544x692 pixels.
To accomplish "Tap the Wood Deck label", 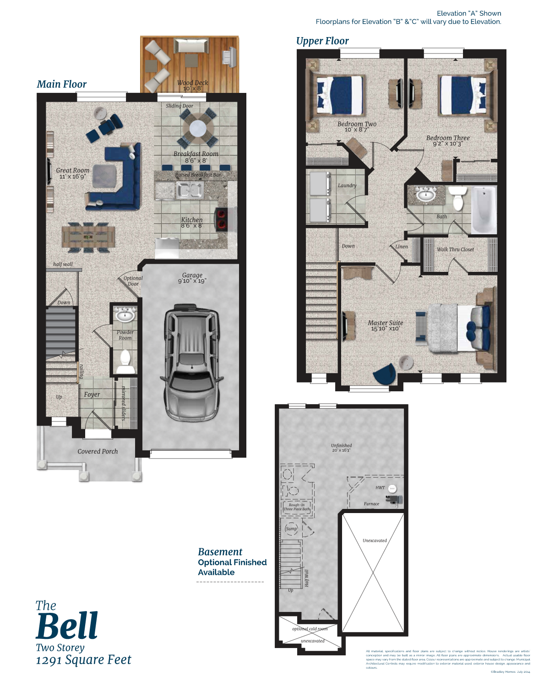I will (x=192, y=85).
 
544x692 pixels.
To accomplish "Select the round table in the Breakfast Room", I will (x=198, y=128).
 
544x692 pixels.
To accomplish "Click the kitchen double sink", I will (x=190, y=190).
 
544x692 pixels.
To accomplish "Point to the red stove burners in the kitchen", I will (x=222, y=218).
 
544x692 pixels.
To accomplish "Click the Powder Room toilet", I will (x=125, y=360).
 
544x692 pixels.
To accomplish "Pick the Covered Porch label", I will (x=98, y=451).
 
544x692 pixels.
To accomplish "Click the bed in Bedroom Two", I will (x=340, y=95).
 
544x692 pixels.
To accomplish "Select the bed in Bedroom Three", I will (x=462, y=95).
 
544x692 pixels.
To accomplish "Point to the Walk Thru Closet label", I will (x=455, y=249).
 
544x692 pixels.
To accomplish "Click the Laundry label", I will (x=347, y=185).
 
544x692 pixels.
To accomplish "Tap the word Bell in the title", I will (x=67, y=626).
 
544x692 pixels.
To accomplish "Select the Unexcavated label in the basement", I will (x=375, y=541).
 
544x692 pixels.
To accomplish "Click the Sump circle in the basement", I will (x=291, y=529).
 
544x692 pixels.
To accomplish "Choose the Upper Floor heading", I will (x=322, y=41).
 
